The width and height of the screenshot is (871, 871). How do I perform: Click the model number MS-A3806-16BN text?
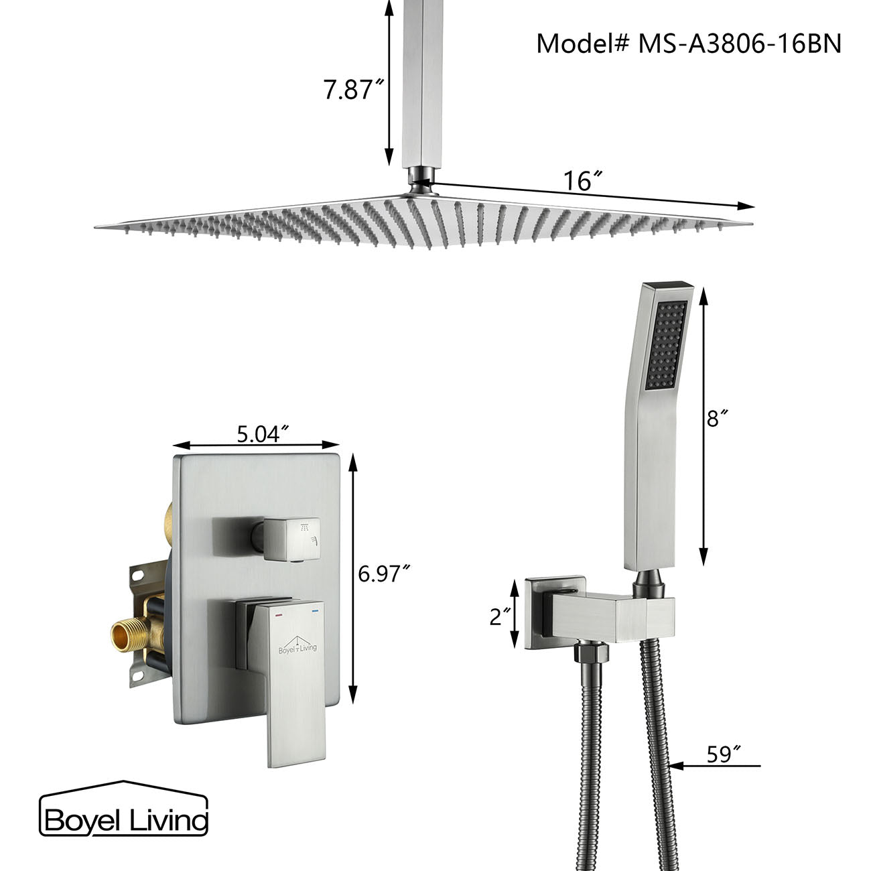(x=688, y=44)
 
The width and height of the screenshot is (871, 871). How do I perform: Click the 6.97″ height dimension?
(x=383, y=574)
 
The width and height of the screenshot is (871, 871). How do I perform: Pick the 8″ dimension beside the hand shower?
(x=717, y=419)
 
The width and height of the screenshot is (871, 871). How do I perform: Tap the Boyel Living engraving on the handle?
(x=297, y=647)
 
